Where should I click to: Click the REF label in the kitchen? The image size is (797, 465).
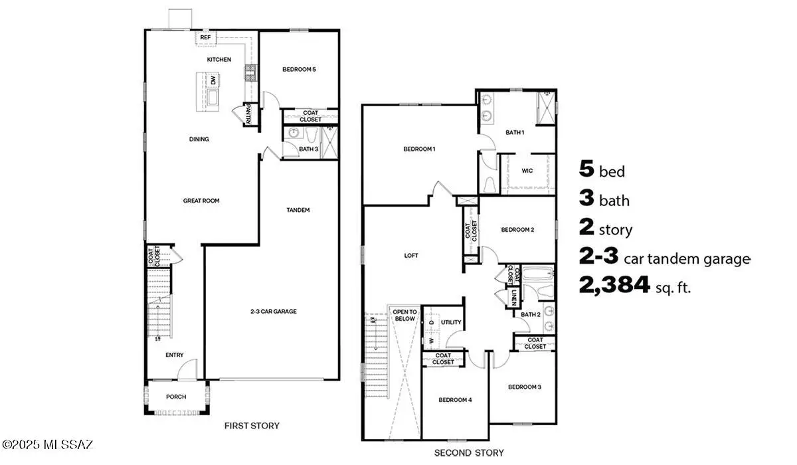click(206, 38)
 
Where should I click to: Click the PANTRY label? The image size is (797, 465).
click(248, 115)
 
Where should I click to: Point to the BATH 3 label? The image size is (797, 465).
click(308, 149)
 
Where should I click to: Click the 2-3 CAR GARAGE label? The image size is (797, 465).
click(273, 311)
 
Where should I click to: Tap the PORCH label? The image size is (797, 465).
click(176, 397)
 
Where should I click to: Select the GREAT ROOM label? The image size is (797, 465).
click(201, 200)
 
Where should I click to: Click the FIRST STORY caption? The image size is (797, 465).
click(252, 426)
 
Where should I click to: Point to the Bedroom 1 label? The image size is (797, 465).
click(419, 149)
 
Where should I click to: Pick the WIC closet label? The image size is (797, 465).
click(527, 171)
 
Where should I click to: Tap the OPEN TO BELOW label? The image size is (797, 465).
click(404, 315)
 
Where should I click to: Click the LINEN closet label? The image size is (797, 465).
click(515, 298)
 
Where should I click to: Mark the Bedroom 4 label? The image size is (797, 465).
click(455, 400)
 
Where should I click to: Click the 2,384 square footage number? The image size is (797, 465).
click(614, 286)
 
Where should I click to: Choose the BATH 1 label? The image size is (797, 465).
click(515, 132)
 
